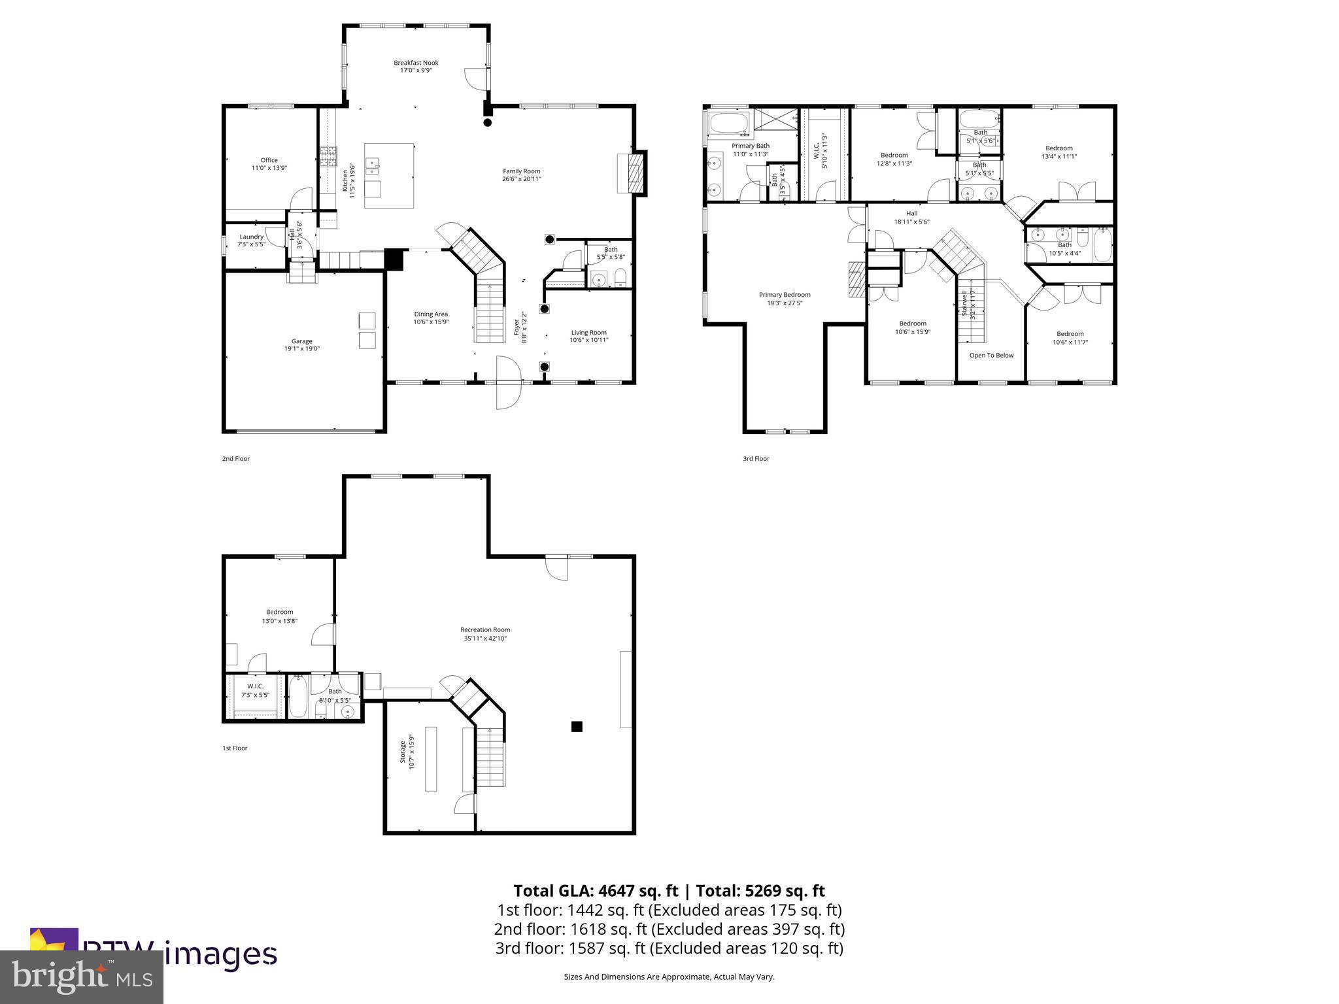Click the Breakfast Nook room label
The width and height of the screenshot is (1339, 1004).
coord(416,63)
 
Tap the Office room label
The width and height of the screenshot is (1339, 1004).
coord(269,160)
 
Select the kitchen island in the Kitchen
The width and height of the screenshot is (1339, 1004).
coord(389,175)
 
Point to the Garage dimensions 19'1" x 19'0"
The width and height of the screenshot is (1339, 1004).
coord(301,349)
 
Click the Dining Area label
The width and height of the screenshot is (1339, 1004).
coord(430,314)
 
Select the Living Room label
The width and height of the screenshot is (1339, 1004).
coord(588,333)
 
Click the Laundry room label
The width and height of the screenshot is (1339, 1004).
coord(251,237)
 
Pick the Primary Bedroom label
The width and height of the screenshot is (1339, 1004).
coord(785,295)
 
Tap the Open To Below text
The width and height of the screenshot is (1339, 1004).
coord(991,356)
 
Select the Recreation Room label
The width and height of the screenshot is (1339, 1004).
coord(484,630)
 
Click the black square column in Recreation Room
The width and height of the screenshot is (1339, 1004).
coord(577,726)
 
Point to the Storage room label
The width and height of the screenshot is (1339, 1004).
coord(403,752)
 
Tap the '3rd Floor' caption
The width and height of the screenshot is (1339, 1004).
coord(756,459)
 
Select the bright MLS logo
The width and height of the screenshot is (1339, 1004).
coord(82,976)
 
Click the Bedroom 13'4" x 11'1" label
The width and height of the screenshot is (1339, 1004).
coord(1059,148)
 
